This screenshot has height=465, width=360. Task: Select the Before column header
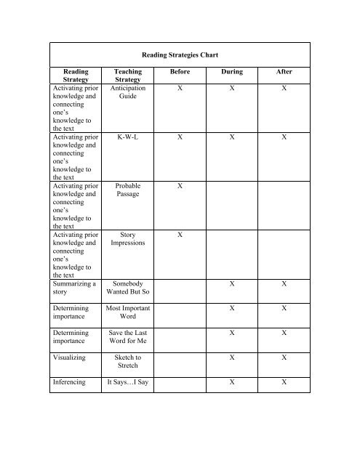(x=177, y=73)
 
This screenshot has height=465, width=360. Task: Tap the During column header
(x=232, y=73)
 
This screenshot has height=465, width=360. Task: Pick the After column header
(x=284, y=73)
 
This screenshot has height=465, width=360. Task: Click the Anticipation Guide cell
(x=128, y=93)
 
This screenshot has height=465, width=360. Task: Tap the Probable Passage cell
(x=128, y=191)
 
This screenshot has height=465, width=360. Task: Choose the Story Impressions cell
(x=128, y=240)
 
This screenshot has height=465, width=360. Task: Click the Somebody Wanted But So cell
(x=128, y=290)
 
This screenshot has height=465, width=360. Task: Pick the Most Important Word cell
(x=128, y=315)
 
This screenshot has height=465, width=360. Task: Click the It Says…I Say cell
(x=128, y=382)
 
